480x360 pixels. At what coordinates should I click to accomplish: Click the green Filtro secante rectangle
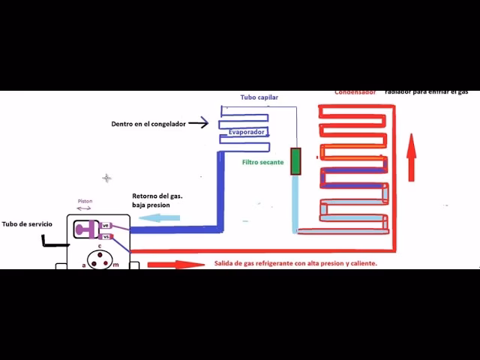click(x=295, y=161)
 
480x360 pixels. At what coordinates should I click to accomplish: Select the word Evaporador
click(x=247, y=131)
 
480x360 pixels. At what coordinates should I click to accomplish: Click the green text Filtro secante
click(x=262, y=162)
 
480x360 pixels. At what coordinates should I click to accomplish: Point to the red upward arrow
click(x=411, y=157)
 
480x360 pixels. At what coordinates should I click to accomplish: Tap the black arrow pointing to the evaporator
click(x=199, y=123)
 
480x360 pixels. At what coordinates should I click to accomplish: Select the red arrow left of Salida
click(x=175, y=264)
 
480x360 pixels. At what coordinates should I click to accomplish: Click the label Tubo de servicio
click(x=27, y=223)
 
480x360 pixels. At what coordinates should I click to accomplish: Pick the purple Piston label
click(x=84, y=201)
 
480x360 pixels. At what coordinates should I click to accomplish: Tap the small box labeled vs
click(x=106, y=236)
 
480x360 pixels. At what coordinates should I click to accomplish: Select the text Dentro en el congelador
click(x=148, y=123)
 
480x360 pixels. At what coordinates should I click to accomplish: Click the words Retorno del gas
click(x=157, y=196)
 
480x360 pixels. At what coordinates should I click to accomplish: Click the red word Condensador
click(x=355, y=93)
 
